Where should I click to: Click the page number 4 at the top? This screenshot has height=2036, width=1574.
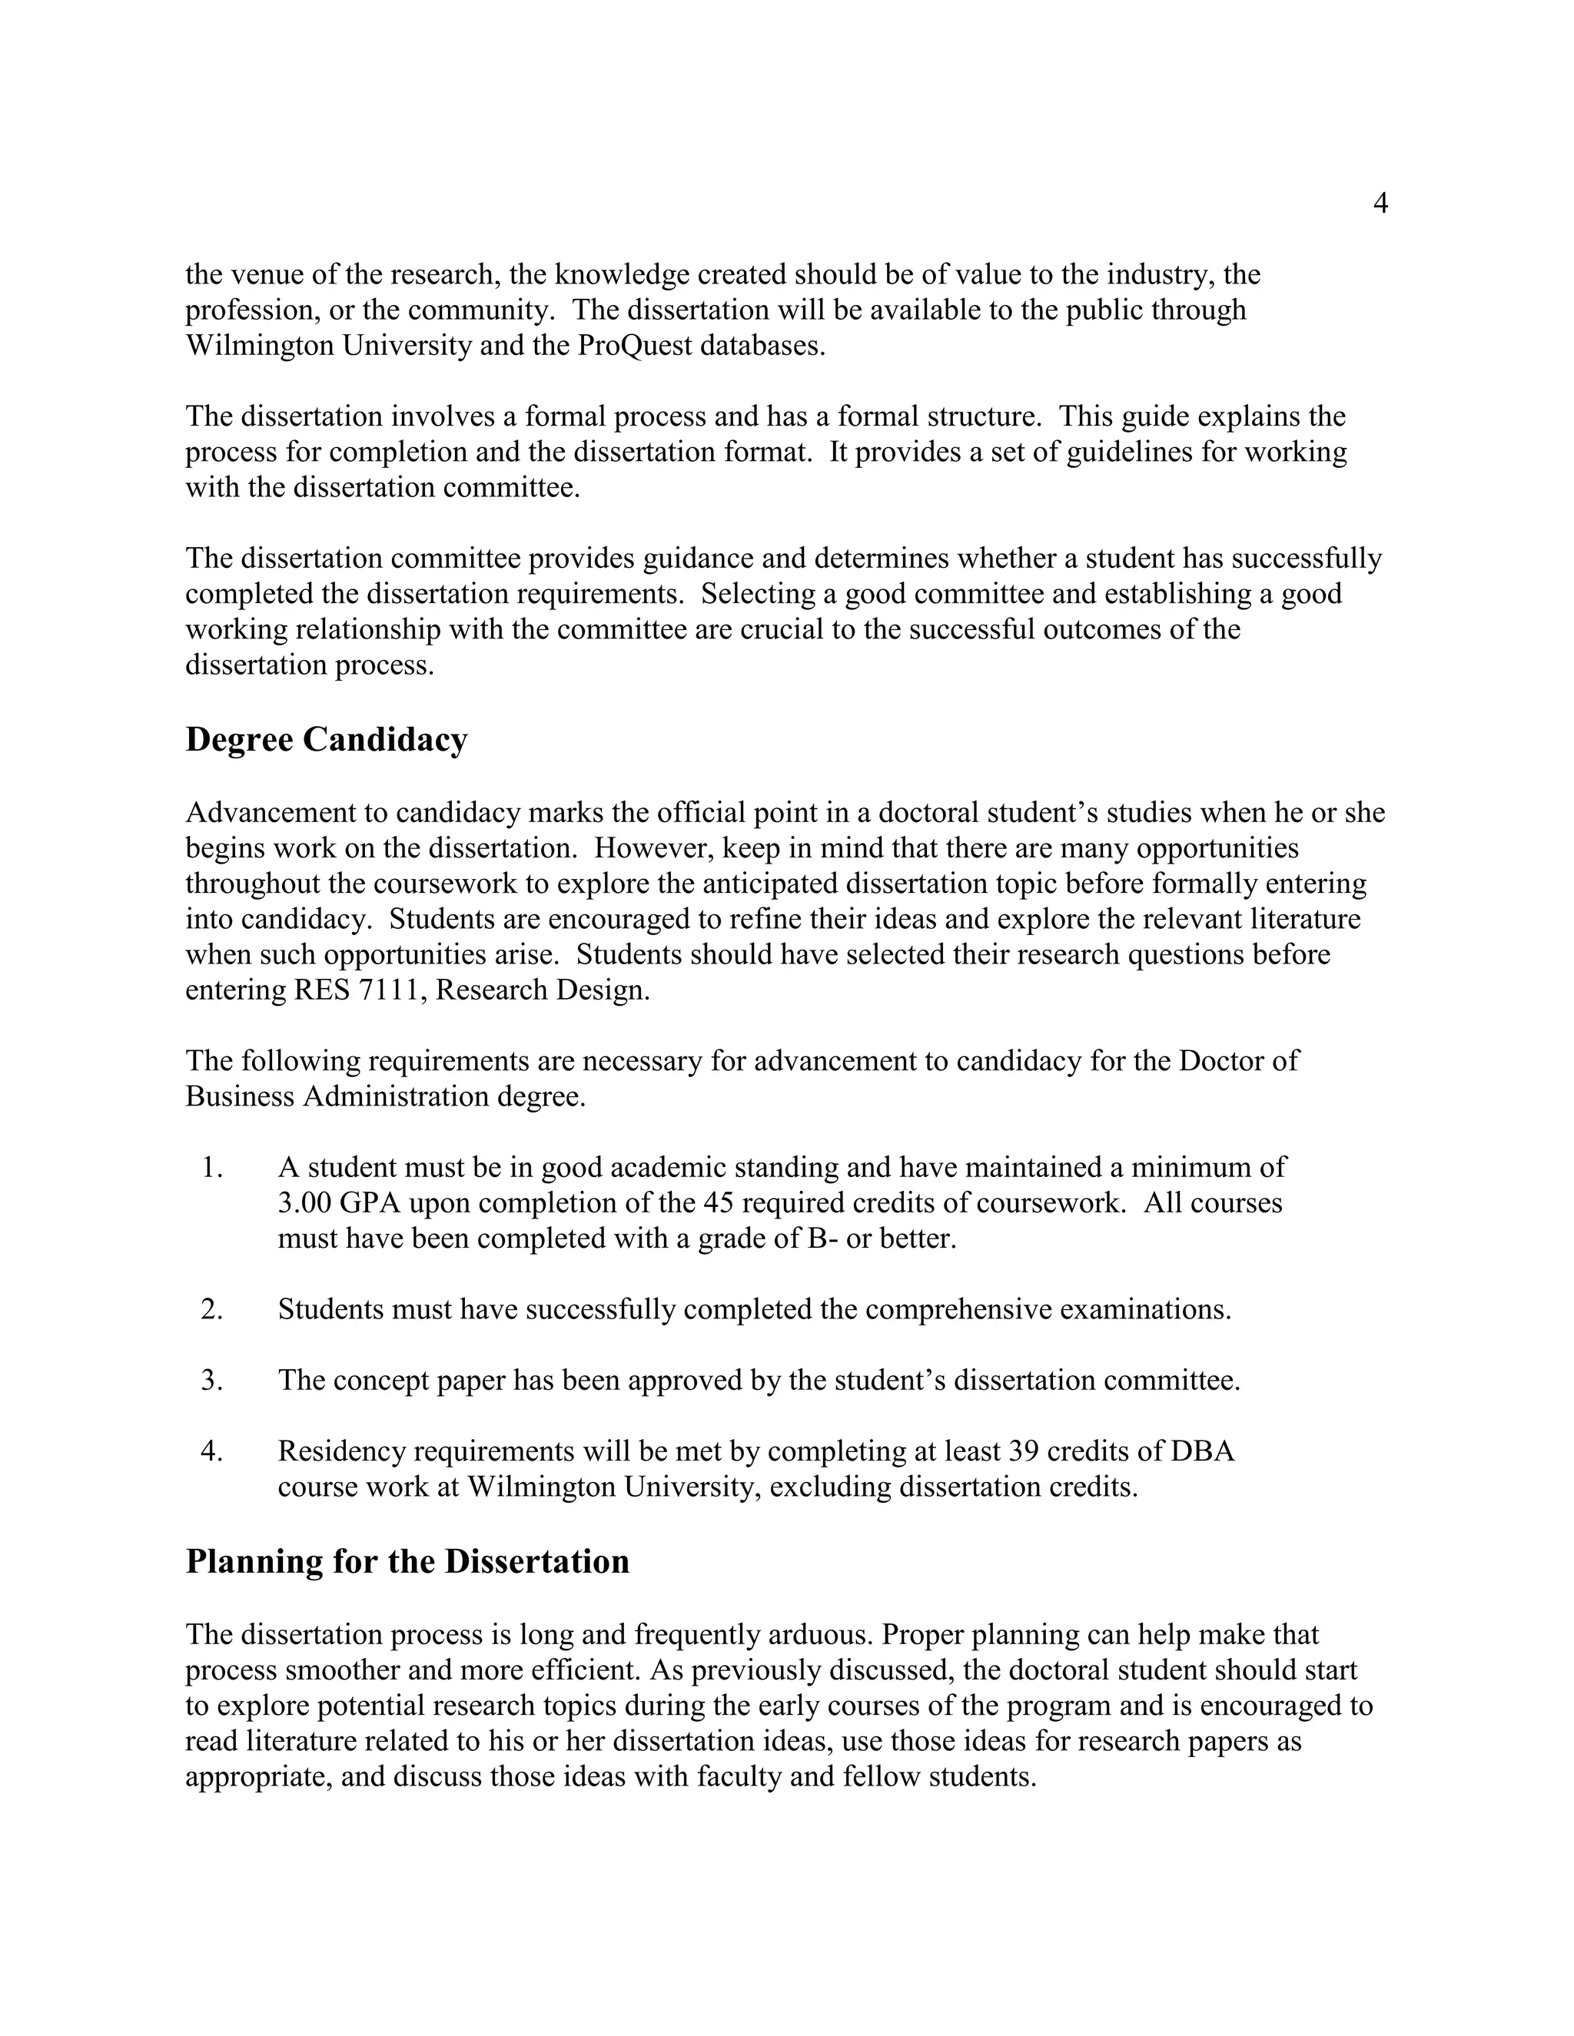pos(1381,204)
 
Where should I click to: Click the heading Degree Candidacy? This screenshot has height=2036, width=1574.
pos(327,739)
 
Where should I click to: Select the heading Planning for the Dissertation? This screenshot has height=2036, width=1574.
pos(407,1561)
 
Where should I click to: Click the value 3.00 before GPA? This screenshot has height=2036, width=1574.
pos(305,1203)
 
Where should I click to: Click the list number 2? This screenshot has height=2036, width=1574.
pos(211,1310)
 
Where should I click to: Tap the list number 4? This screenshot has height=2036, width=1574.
pos(211,1451)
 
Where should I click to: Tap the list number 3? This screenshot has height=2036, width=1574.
pos(211,1381)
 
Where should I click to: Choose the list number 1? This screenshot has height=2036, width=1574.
pos(211,1168)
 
